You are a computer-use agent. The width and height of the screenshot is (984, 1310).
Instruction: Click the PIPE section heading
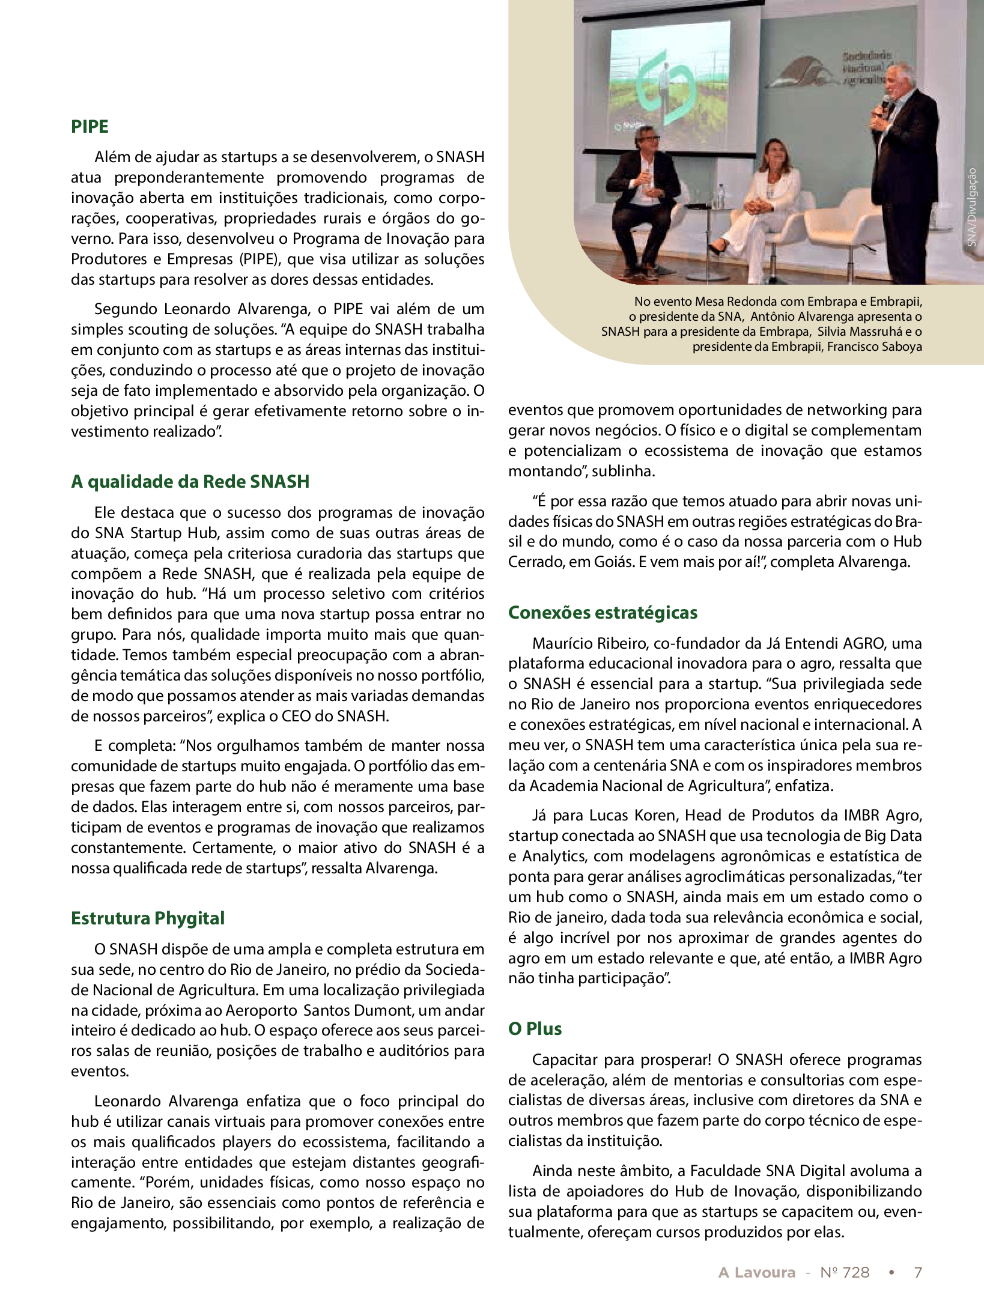[x=90, y=127]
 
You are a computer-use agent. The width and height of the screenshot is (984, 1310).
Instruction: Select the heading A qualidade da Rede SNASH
[x=190, y=482]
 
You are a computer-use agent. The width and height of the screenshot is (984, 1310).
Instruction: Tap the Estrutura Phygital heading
[x=148, y=918]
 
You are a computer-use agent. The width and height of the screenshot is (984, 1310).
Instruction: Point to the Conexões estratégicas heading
[x=603, y=613]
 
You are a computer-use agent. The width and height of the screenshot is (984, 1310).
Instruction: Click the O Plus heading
[x=535, y=1029]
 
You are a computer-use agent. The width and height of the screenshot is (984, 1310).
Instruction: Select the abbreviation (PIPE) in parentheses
[x=261, y=259]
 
